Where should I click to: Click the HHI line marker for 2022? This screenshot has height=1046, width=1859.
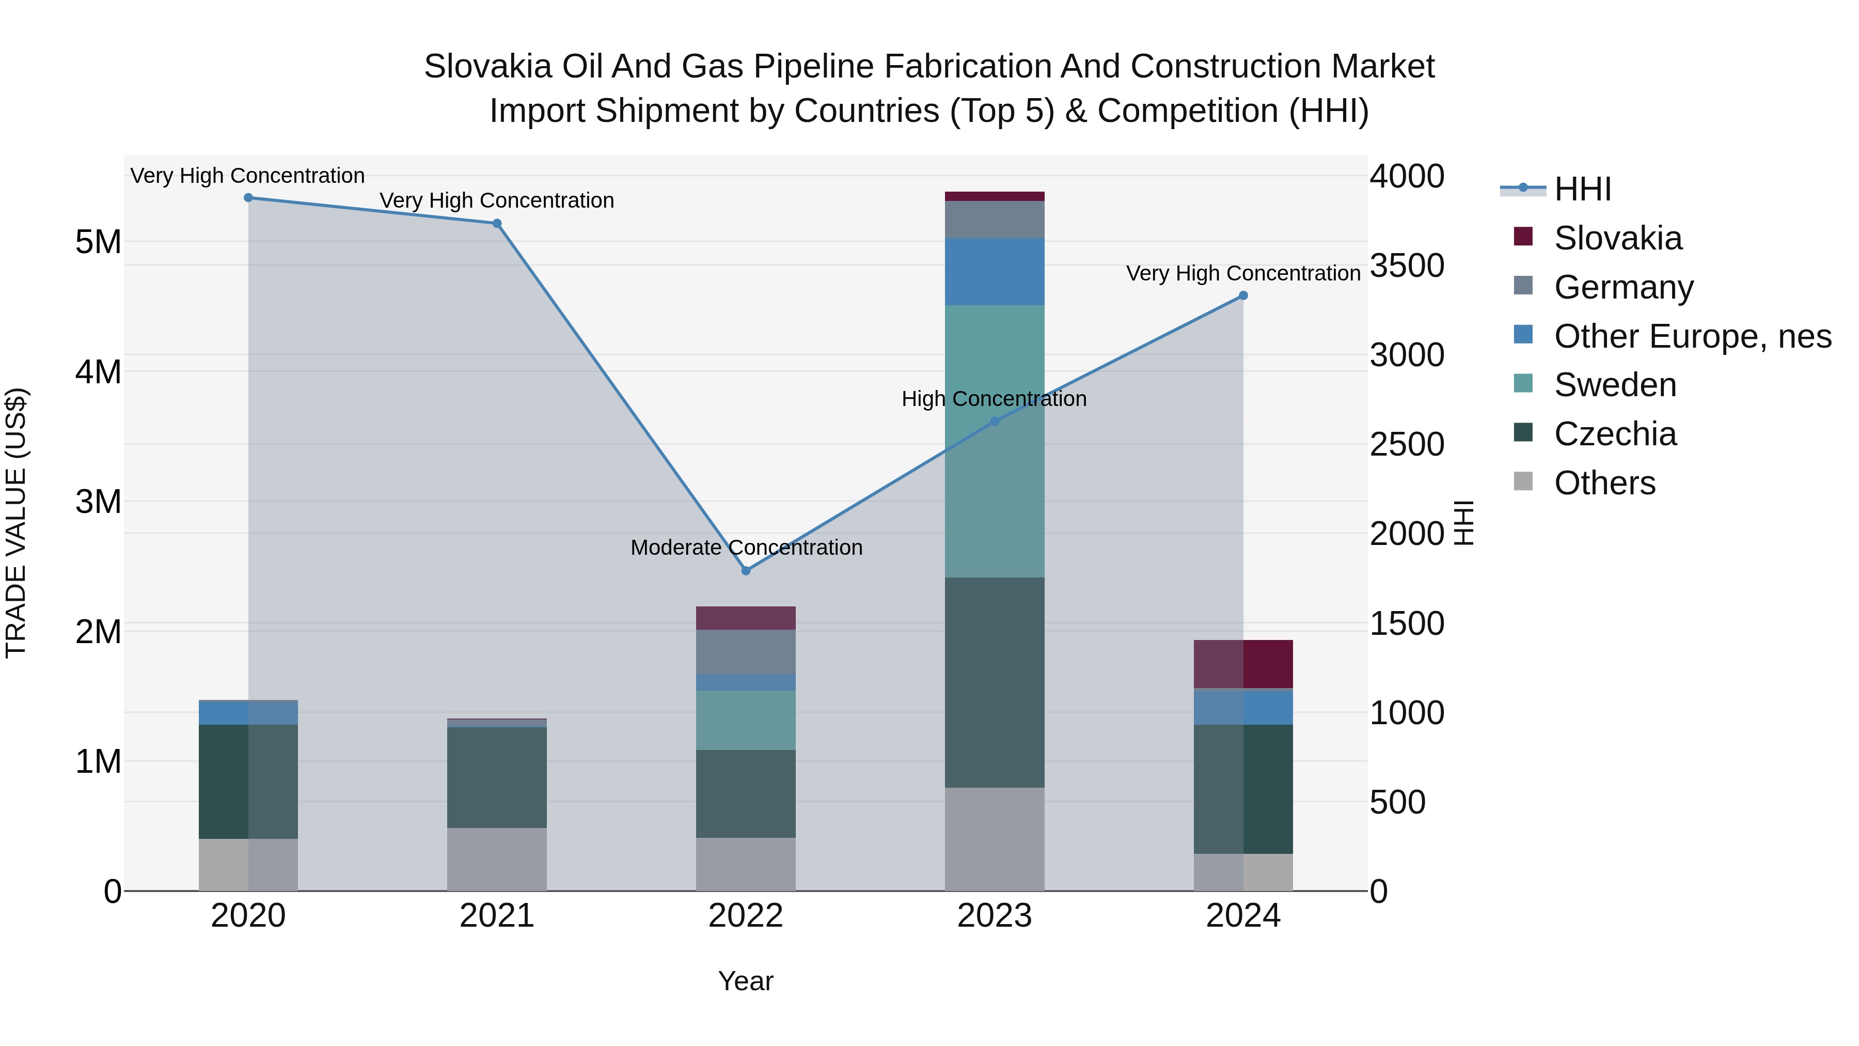[x=746, y=570]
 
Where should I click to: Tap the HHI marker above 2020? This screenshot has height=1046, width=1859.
[x=248, y=197]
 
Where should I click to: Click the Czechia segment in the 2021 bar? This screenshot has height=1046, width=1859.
[x=497, y=777]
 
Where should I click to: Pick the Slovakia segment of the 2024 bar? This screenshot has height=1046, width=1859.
[x=1243, y=664]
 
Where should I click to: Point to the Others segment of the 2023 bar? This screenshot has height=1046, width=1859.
[x=995, y=839]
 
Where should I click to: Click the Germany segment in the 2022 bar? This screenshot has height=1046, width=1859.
[x=746, y=651]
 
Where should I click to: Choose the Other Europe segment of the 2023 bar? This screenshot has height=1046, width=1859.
[x=995, y=271]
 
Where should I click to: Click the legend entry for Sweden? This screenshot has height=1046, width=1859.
[x=1615, y=385]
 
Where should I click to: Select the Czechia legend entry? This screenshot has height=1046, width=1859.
[x=1615, y=434]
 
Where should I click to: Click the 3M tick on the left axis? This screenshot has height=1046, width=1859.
[x=98, y=502]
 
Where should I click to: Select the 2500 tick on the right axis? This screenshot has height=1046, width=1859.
[x=1407, y=445]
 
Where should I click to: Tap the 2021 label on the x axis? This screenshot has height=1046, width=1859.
[x=497, y=916]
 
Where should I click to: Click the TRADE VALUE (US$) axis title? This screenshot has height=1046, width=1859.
[x=16, y=523]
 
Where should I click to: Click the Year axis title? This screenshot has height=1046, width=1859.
[x=746, y=981]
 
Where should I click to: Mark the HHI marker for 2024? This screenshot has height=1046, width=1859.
[x=1243, y=295]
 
